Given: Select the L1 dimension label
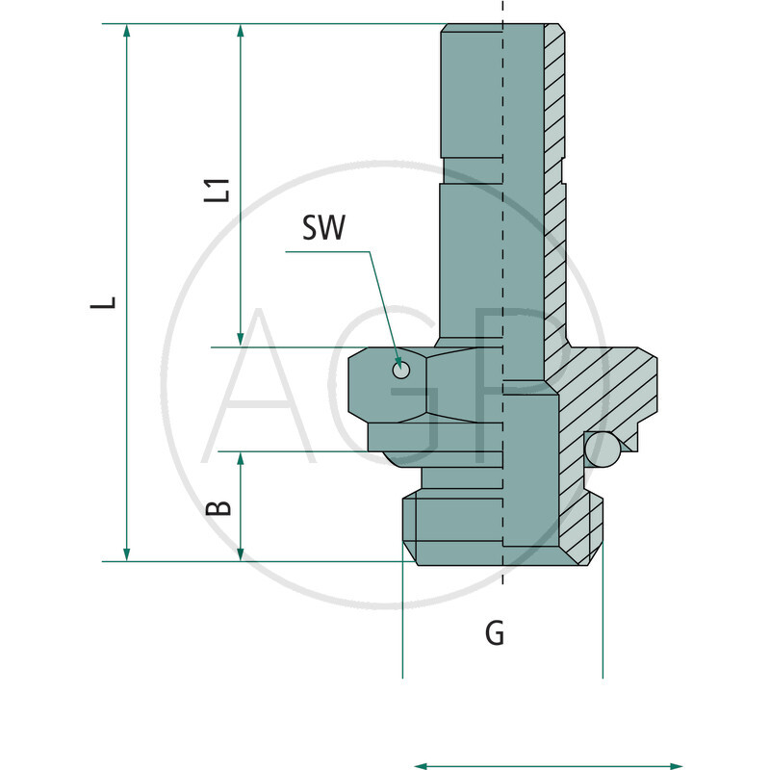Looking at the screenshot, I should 220,189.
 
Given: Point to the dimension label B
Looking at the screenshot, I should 220,506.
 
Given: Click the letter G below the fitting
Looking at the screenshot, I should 494,633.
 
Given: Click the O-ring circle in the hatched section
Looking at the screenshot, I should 603,448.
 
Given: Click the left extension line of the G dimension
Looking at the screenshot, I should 402,626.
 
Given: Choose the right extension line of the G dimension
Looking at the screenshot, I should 602,626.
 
